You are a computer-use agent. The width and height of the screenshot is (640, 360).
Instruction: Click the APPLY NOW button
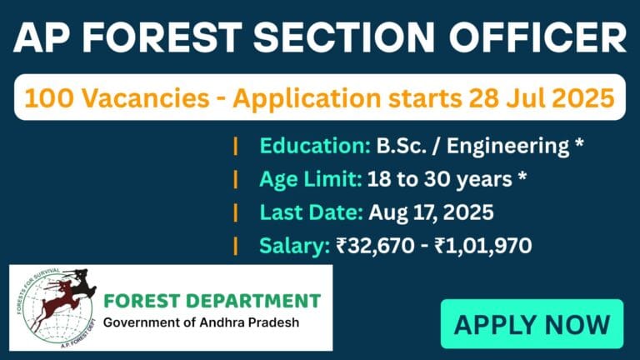tap(532, 323)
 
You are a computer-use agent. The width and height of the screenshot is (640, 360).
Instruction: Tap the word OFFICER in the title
tap(537, 39)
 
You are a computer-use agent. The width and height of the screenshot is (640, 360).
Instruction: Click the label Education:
tap(314, 146)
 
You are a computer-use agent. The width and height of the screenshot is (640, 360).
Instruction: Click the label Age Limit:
tap(309, 179)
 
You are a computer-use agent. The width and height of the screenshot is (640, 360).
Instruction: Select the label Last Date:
tap(309, 212)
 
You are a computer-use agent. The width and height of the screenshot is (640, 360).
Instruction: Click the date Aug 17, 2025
tap(429, 212)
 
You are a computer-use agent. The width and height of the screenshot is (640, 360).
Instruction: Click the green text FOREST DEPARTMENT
tap(212, 301)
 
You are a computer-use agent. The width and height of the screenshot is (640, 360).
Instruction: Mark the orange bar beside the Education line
tap(236, 146)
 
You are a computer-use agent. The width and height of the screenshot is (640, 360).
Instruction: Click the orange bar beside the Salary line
tap(236, 245)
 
